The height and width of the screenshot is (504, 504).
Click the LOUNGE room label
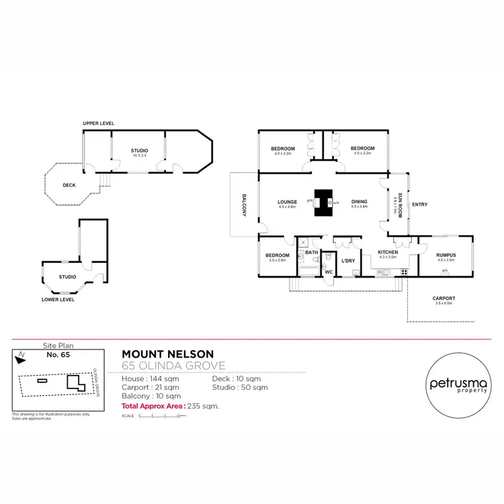pos(287,202)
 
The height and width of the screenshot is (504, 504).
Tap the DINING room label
pos(360,202)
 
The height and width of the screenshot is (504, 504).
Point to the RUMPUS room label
pos(446,255)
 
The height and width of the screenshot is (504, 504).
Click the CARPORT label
pos(444,298)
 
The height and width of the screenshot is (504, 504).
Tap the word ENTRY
pos(419,205)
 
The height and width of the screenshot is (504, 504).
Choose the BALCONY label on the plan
pos(245,205)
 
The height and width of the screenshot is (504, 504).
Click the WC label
pos(329,271)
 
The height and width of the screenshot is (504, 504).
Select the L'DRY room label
pos(347,260)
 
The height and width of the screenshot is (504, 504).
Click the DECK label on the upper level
pos(69,185)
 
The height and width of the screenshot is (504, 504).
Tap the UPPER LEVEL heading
pos(98,124)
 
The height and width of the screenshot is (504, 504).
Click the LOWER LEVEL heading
pos(58,300)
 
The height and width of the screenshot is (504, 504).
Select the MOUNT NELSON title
pos(167,354)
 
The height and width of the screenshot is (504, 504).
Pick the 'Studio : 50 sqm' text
pos(239,387)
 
